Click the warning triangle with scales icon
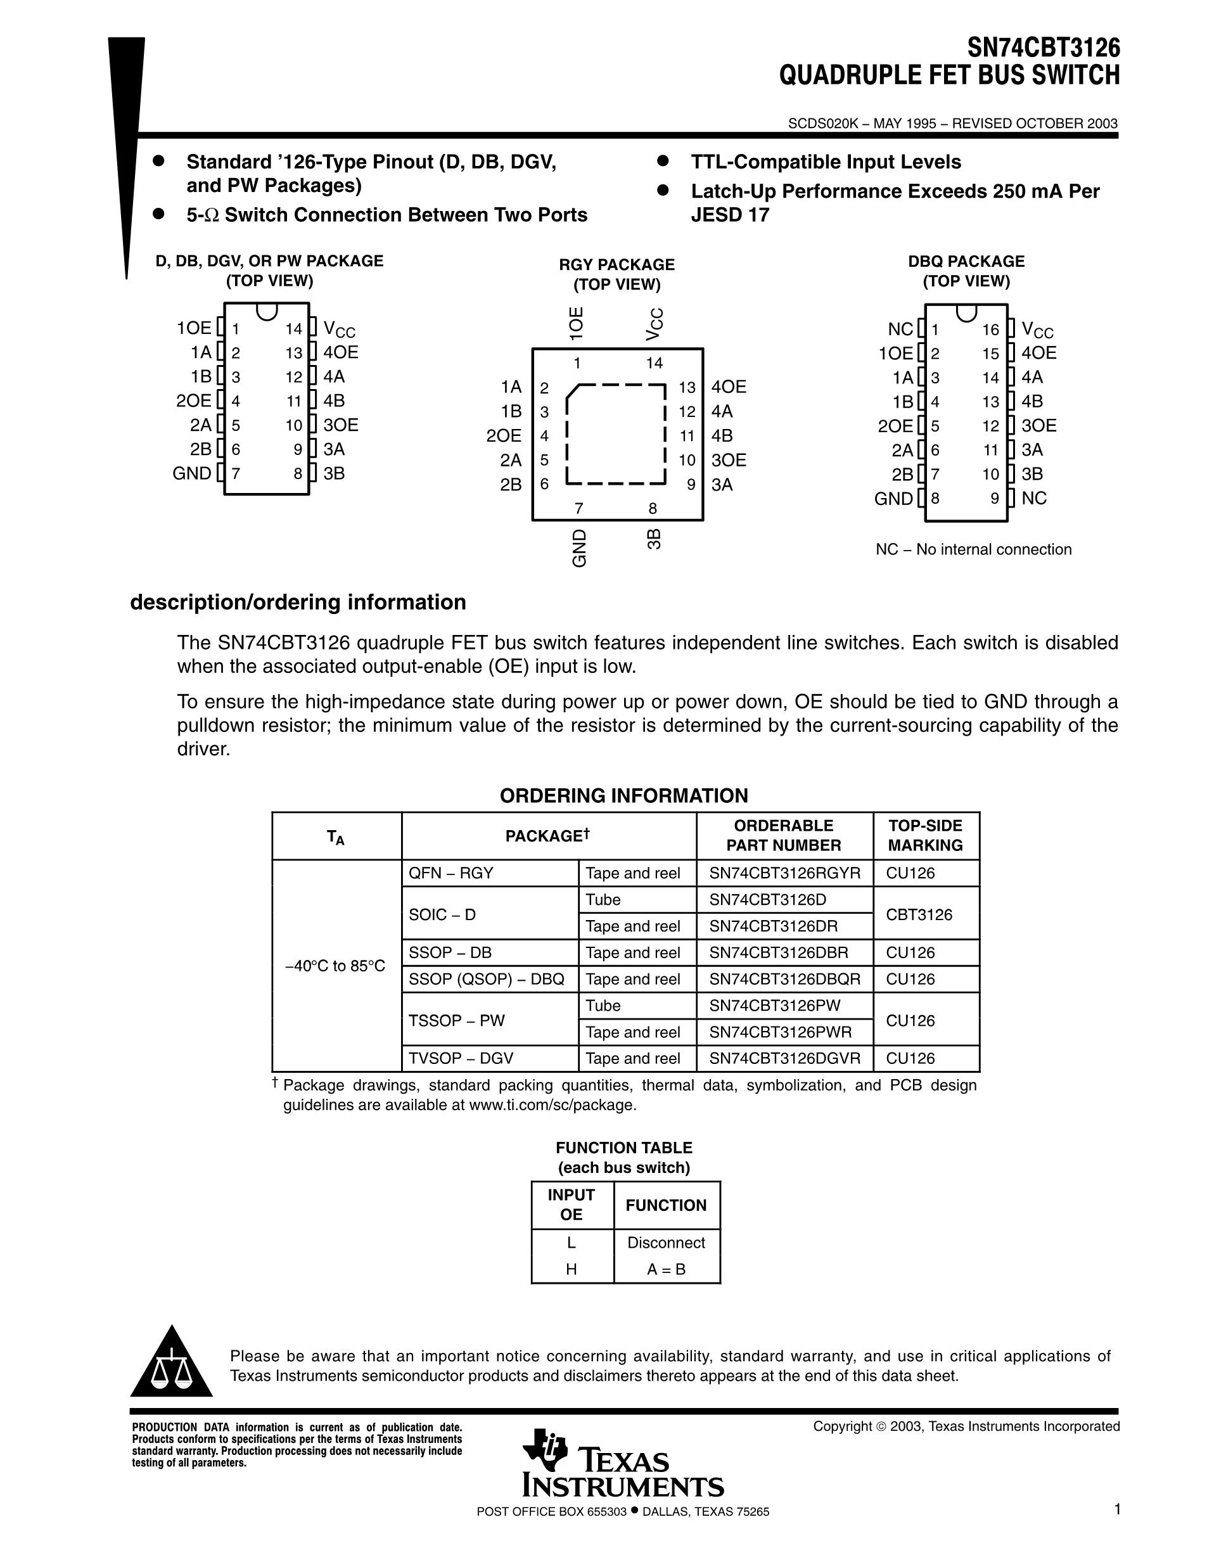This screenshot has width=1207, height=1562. (171, 1364)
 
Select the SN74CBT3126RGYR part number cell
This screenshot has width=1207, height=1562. (784, 873)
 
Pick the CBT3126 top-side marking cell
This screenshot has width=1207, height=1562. (919, 914)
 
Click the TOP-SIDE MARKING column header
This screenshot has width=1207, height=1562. (925, 835)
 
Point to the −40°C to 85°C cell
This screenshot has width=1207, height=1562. (335, 966)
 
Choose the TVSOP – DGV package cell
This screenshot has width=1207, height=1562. (461, 1058)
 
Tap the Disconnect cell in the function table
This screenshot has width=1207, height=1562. (666, 1243)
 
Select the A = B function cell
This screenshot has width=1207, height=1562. (666, 1269)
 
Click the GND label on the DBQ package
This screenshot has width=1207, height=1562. (893, 499)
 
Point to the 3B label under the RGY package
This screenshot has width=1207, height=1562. (653, 539)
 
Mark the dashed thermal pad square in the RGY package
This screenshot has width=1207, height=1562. (616, 434)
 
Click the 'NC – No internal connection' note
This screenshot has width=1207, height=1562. (973, 549)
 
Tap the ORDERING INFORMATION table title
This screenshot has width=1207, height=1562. (623, 795)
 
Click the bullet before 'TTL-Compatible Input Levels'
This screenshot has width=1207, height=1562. (662, 162)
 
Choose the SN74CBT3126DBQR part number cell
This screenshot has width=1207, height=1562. (784, 979)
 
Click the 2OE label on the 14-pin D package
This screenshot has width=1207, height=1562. (193, 400)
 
